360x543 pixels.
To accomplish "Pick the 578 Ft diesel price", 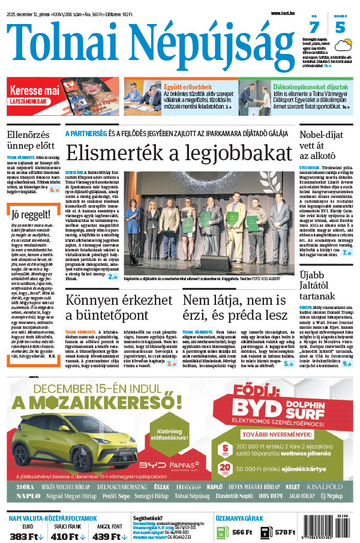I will tap(284, 532).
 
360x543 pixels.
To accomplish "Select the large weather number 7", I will tap(314, 27).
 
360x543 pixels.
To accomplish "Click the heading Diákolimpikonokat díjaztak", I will tap(303, 86).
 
